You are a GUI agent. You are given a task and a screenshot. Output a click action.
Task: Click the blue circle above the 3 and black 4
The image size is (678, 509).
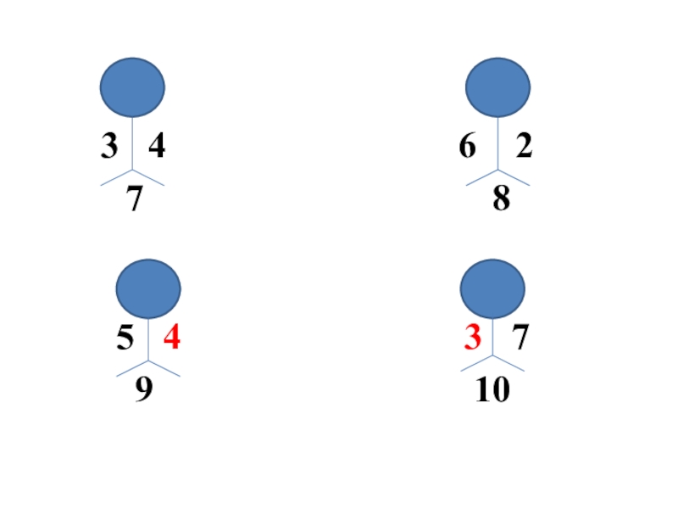pos(132,87)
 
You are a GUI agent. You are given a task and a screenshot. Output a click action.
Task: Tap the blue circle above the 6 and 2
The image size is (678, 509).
pos(498,87)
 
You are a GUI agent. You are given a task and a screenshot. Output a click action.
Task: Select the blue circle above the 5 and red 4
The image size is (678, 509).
pos(148,289)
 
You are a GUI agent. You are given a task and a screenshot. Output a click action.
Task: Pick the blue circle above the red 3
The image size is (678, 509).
pos(492,289)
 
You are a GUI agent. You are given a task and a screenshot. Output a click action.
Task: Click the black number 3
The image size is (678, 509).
pos(109,148)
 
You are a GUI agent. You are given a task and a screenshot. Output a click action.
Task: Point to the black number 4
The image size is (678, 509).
pos(156,148)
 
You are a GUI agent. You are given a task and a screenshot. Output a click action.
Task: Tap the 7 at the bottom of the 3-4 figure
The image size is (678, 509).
pos(133,199)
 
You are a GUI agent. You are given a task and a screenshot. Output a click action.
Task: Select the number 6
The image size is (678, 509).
pos(468,148)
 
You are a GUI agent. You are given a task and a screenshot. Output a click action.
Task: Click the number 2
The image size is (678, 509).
pos(524,148)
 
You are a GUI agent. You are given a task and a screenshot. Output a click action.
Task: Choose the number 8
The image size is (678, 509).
pos(501,199)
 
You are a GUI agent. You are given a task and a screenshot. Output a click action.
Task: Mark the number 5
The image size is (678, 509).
pos(125,338)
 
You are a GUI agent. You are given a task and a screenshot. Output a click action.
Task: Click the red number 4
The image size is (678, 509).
pos(172,338)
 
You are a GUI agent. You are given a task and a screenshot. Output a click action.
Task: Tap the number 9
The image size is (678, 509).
pos(144,389)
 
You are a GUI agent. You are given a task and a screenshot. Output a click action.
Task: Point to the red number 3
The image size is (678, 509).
pos(472,338)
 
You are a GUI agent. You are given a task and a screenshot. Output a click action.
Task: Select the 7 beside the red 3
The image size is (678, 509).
pos(520,338)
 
